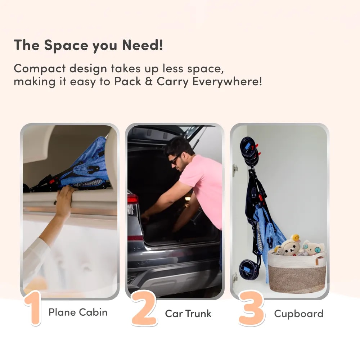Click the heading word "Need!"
[x=143, y=45]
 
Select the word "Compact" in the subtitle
[x=40, y=69]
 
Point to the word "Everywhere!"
[x=227, y=82]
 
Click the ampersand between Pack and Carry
[x=149, y=81]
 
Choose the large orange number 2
[x=144, y=308]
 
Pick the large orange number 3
[x=251, y=308]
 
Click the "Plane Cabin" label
[x=78, y=312]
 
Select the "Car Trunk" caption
[x=188, y=314]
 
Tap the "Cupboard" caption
[x=299, y=314]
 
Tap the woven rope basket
[x=297, y=271]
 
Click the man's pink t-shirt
[x=202, y=188]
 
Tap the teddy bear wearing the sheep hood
[x=290, y=245]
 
